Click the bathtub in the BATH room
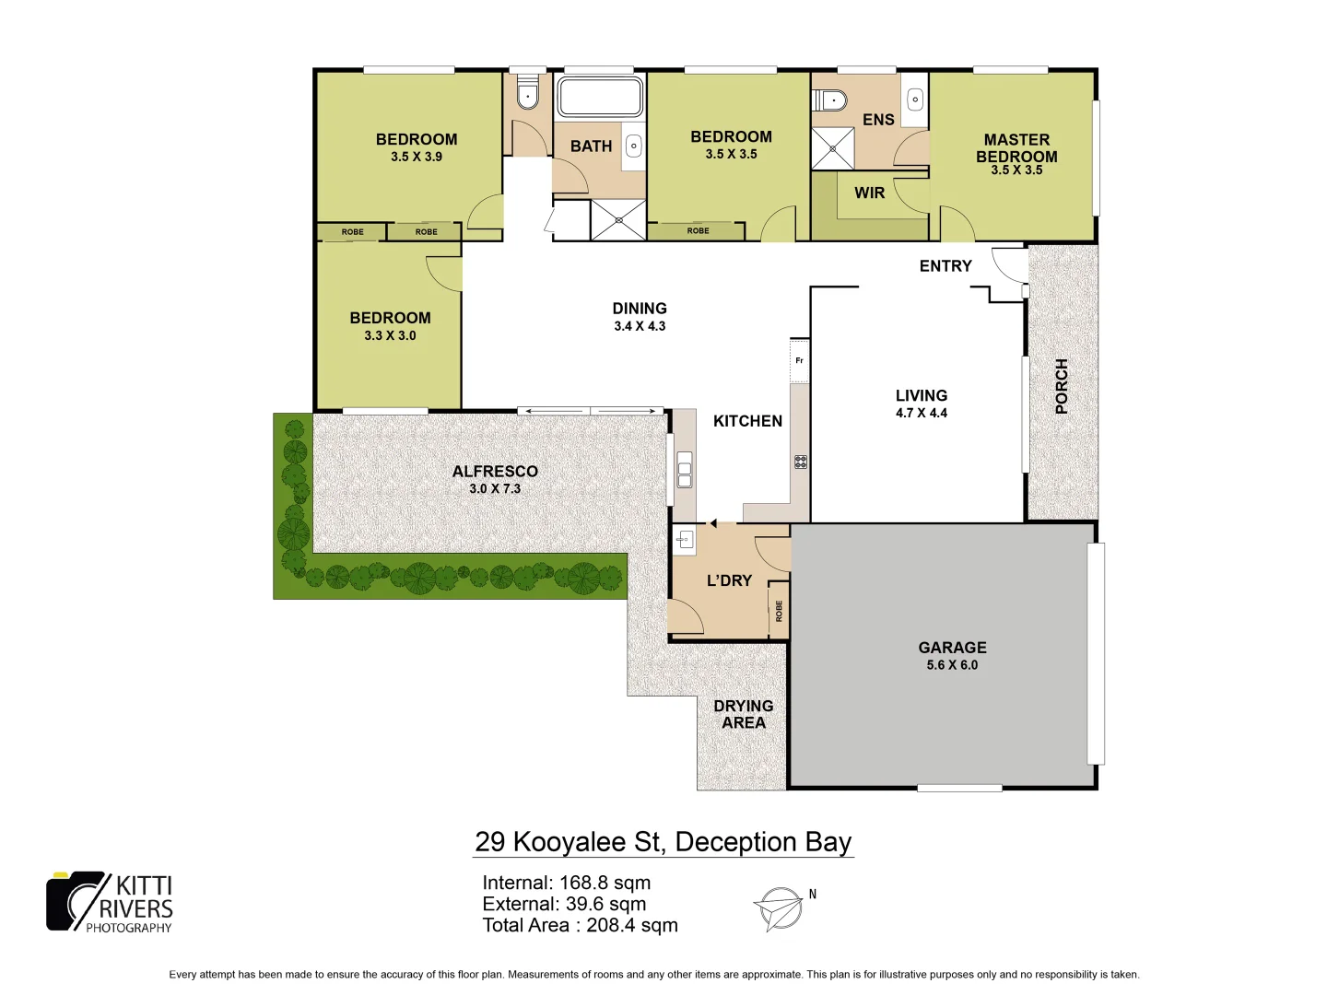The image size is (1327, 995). click(600, 96)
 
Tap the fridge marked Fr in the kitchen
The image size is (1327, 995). click(799, 360)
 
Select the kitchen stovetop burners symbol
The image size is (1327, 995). click(801, 462)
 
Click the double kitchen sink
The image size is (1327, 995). click(684, 470)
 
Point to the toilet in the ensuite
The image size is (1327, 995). click(829, 99)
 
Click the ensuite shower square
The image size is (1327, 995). click(832, 148)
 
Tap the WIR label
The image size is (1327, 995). click(869, 193)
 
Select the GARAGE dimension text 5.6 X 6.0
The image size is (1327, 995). click(952, 665)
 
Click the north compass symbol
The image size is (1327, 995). click(780, 908)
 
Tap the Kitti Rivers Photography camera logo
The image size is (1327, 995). click(77, 900)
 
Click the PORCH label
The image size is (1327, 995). click(1061, 386)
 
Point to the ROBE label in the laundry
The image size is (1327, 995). click(779, 610)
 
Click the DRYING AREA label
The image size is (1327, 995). click(744, 714)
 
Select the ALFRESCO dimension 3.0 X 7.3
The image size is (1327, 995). click(495, 489)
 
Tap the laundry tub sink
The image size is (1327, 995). click(684, 540)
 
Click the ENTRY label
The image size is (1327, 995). click(945, 266)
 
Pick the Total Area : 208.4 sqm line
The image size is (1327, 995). click(580, 926)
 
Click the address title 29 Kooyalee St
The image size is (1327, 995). click(663, 842)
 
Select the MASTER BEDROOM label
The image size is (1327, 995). click(1016, 148)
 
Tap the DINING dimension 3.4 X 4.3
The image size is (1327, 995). click(640, 326)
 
